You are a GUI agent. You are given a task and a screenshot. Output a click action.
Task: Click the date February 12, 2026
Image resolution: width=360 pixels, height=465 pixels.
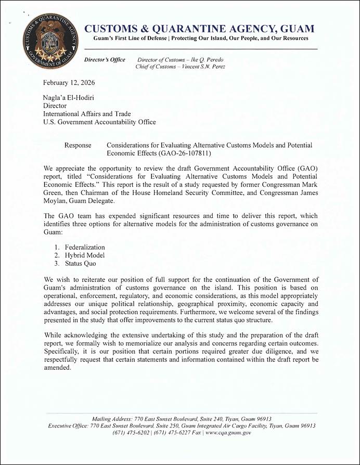tap(69, 83)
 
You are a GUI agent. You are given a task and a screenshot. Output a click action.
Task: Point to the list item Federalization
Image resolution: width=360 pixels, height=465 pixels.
tap(85, 247)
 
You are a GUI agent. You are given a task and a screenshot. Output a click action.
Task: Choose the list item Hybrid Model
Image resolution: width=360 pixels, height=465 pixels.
tap(85, 255)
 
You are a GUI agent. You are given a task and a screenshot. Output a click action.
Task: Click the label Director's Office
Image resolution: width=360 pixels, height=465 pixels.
tap(105, 60)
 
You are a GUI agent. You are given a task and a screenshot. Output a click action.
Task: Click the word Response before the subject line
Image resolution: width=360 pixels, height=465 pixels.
tap(78, 145)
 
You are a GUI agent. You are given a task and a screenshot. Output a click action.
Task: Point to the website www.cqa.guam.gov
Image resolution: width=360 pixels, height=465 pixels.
tap(229, 433)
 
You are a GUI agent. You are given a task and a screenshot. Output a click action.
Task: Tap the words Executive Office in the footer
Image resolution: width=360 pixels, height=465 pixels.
tap(68, 425)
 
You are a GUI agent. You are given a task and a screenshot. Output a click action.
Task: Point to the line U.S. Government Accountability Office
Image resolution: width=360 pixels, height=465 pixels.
tap(99, 122)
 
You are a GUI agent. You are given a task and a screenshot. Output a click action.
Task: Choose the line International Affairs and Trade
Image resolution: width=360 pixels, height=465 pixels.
tap(87, 114)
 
